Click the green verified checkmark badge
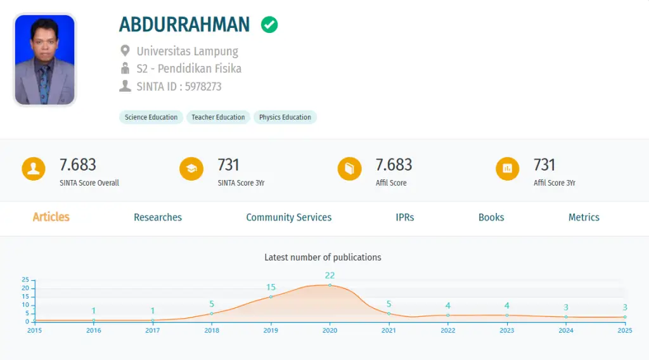[x=269, y=25]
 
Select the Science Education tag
[x=151, y=117]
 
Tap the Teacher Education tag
[x=218, y=117]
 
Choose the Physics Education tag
[x=285, y=117]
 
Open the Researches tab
[x=158, y=217]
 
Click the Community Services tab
[x=289, y=217]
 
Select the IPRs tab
[x=405, y=217]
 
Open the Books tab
[x=491, y=217]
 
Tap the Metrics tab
[x=584, y=217]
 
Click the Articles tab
[x=51, y=217]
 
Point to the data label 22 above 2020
[x=330, y=276]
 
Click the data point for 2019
[x=271, y=297]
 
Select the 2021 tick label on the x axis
[x=389, y=330]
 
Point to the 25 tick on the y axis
[x=25, y=280]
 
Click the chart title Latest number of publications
[x=323, y=257]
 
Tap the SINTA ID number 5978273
[x=203, y=86]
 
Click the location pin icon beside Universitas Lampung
[x=125, y=51]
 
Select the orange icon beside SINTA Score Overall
[x=34, y=169]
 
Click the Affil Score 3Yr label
[x=554, y=183]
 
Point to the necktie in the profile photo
[x=44, y=85]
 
